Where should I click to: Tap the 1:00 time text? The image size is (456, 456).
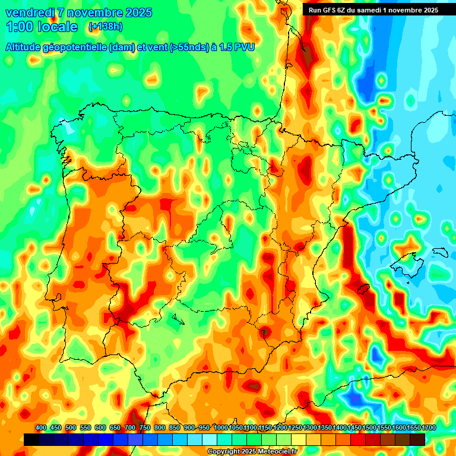pos(21,27)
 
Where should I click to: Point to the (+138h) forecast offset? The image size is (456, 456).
pos(105,27)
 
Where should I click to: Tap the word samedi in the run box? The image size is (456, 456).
pos(372,9)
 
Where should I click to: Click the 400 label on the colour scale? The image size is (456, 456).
pos(41,427)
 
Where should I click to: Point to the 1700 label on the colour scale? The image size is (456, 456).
pos(413,427)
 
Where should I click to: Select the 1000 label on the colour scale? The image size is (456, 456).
pos(221,427)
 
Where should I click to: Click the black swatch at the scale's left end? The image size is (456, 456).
pos(31,439)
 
